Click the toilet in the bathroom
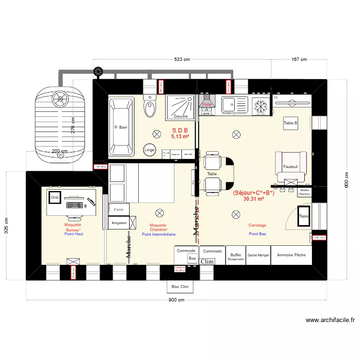(150, 108)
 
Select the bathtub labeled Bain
(121, 127)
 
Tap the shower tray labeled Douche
(181, 107)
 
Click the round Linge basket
(150, 150)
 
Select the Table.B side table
(290, 123)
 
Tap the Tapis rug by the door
(304, 216)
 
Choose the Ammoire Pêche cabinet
(291, 255)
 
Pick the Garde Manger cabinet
(258, 255)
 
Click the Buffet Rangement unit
(236, 257)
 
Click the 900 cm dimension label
(177, 300)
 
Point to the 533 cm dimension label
(182, 60)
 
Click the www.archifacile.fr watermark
(330, 320)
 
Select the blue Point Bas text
(258, 234)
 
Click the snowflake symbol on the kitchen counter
(261, 105)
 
